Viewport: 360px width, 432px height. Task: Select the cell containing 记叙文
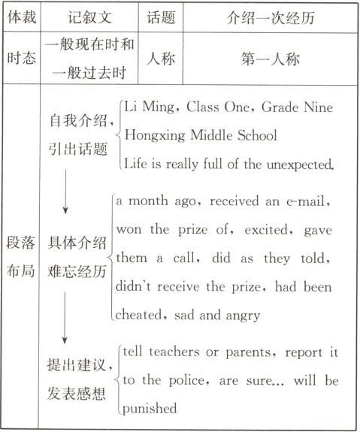[89, 17]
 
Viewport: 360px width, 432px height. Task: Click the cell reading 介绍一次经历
[267, 17]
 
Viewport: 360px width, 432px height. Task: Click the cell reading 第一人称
[267, 59]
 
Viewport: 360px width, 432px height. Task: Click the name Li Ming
[146, 107]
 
